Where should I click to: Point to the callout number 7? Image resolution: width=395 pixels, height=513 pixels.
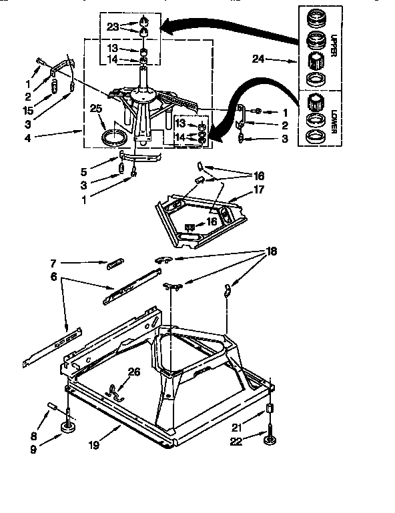tap(53, 263)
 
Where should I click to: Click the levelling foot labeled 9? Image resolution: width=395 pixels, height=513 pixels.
tap(68, 427)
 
